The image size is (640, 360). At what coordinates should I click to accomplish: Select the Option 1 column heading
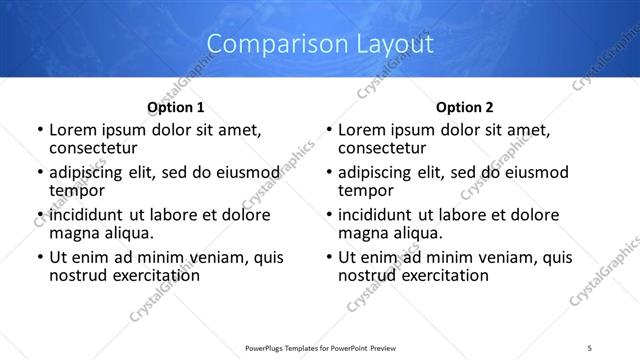pyautogui.click(x=176, y=107)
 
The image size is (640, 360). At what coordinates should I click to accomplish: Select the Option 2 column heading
pyautogui.click(x=465, y=107)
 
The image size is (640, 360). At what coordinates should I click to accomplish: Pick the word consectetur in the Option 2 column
pyautogui.click(x=387, y=149)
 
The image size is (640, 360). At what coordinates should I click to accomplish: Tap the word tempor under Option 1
pyautogui.click(x=77, y=191)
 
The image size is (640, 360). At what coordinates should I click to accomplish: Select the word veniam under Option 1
pyautogui.click(x=227, y=257)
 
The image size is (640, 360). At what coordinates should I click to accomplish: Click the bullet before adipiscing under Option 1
pyautogui.click(x=39, y=173)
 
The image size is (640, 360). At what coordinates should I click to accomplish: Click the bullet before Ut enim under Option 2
pyautogui.click(x=328, y=257)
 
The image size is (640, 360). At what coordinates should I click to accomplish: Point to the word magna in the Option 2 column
pyautogui.click(x=363, y=233)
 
